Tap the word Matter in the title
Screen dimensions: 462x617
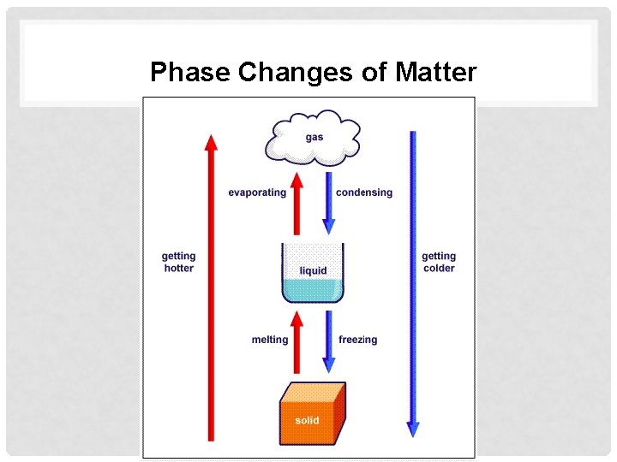[x=436, y=73]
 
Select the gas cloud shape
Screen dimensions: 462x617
[x=314, y=139]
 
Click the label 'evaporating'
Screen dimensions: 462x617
[x=257, y=192]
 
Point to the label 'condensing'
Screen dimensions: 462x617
[x=364, y=192]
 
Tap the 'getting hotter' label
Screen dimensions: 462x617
[x=179, y=262]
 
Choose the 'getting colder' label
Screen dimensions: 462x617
[x=439, y=262]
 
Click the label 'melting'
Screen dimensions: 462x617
[x=270, y=340]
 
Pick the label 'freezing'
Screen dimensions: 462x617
[x=358, y=340]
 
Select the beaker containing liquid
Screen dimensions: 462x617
[x=313, y=272]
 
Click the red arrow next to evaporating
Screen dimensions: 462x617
[x=297, y=204]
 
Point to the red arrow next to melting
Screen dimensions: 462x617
[x=297, y=342]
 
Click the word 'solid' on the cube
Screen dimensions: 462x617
[x=307, y=421]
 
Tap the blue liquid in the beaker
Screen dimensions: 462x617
[x=313, y=291]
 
